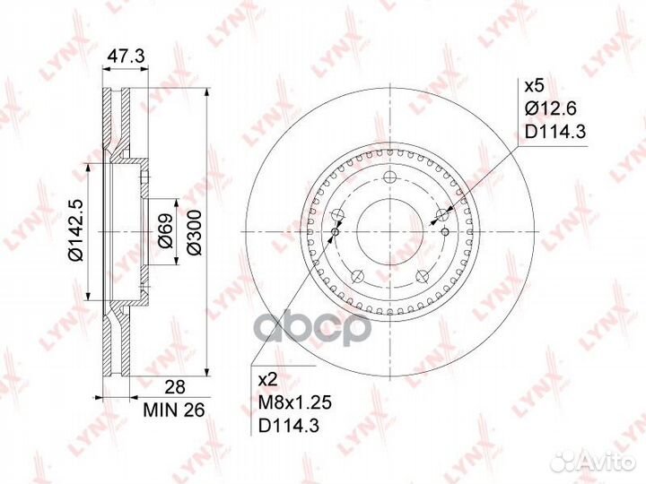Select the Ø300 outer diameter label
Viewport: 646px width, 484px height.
coord(193,235)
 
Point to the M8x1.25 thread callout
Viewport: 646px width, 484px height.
coord(288,402)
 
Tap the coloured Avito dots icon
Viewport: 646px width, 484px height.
coord(565,461)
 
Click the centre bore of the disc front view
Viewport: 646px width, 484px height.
coord(388,229)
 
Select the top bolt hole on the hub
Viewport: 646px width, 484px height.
coord(388,177)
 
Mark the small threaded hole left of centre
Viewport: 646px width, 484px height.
coord(335,232)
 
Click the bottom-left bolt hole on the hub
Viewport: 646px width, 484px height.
coord(357,273)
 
